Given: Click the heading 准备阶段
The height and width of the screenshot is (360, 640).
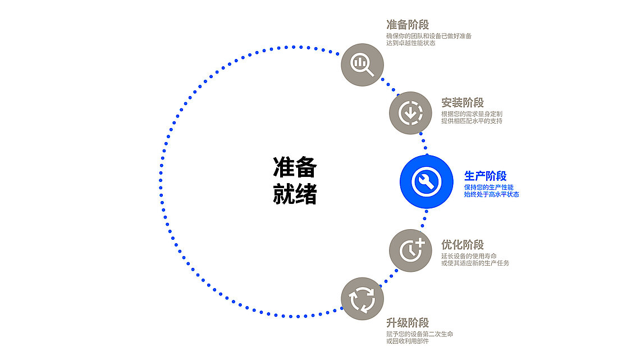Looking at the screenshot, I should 408,25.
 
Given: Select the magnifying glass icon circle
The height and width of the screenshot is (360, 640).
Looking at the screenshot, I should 362,64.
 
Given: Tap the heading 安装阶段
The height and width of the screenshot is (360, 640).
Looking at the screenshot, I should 462,103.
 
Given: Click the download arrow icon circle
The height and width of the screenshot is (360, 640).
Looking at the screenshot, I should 410,113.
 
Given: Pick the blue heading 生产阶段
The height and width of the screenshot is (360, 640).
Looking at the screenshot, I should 486,176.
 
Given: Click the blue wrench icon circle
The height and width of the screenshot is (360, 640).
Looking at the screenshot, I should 426,181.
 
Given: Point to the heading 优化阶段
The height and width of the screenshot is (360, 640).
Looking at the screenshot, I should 462,245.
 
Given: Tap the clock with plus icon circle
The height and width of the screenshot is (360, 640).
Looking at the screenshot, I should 410,250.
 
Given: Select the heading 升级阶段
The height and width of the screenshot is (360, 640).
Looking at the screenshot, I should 408,323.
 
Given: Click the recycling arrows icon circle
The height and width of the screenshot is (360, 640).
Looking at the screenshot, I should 362,299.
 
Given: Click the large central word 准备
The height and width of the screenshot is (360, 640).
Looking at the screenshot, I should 295,168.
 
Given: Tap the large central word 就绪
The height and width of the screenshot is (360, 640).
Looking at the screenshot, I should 295,194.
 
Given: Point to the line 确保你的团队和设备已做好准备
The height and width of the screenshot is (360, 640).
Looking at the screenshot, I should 429,36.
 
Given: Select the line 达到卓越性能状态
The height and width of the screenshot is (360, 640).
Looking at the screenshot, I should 410,43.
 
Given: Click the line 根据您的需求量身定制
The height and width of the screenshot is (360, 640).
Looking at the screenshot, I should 472,114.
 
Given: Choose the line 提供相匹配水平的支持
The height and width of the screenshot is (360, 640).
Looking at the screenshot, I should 472,121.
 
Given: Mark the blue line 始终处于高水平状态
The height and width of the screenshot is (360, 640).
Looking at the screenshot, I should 491,194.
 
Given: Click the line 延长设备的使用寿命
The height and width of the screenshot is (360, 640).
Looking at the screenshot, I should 469,256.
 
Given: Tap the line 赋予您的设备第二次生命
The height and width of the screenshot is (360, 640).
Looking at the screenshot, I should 419,334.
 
